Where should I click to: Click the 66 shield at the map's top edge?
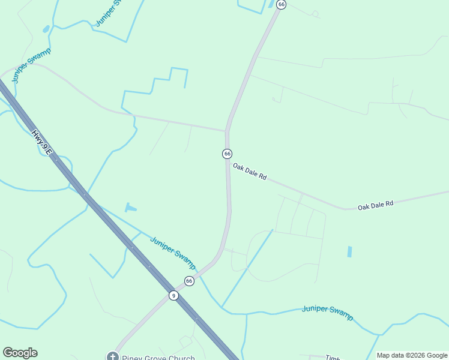click(x=282, y=4)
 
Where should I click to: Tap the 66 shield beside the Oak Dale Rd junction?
click(x=227, y=154)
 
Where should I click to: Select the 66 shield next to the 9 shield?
click(x=189, y=281)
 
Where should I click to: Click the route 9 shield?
click(x=173, y=295)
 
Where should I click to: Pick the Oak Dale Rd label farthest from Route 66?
click(x=375, y=205)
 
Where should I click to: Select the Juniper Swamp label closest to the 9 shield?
click(x=173, y=252)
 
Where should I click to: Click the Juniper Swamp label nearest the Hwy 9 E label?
click(x=31, y=64)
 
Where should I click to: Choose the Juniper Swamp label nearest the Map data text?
click(x=327, y=312)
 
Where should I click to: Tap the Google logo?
click(x=20, y=353)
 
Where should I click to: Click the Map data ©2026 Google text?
click(x=412, y=355)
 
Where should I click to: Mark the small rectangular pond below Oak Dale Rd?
click(x=349, y=252)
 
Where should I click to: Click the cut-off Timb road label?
click(x=333, y=356)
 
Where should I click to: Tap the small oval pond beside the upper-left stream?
click(x=46, y=29)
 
